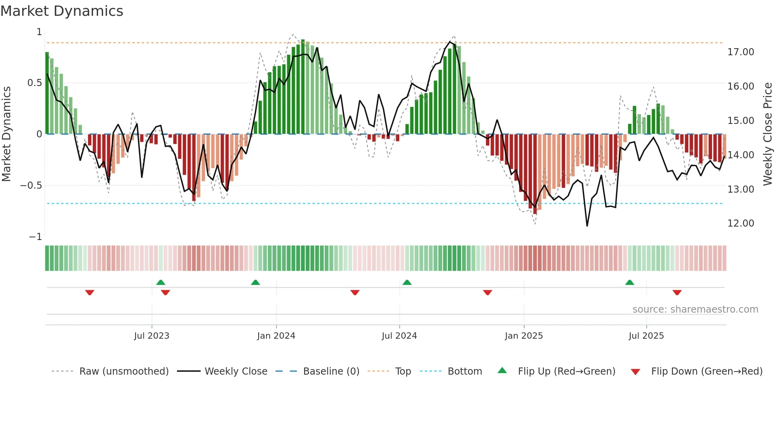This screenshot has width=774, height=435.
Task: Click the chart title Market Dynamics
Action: pyautogui.click(x=62, y=11)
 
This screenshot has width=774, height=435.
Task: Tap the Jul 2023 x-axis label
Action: pyautogui.click(x=152, y=336)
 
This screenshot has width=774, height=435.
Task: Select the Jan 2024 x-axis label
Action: pyautogui.click(x=276, y=336)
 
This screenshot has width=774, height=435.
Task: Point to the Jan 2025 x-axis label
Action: pyautogui.click(x=524, y=336)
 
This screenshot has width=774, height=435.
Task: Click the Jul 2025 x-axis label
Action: pyautogui.click(x=646, y=336)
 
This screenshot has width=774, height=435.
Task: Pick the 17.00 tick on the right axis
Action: pyautogui.click(x=740, y=52)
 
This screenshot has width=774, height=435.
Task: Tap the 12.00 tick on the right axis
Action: pyautogui.click(x=740, y=223)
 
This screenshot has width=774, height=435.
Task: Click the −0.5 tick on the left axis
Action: pyautogui.click(x=31, y=186)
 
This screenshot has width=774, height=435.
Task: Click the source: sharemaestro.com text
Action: pyautogui.click(x=695, y=309)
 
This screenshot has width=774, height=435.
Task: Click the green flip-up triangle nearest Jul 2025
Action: pyautogui.click(x=629, y=283)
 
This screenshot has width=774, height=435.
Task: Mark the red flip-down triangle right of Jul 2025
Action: pyautogui.click(x=677, y=292)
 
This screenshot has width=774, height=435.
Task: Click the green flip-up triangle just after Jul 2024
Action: pyautogui.click(x=407, y=283)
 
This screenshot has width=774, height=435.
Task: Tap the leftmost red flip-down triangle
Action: pyautogui.click(x=90, y=292)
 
